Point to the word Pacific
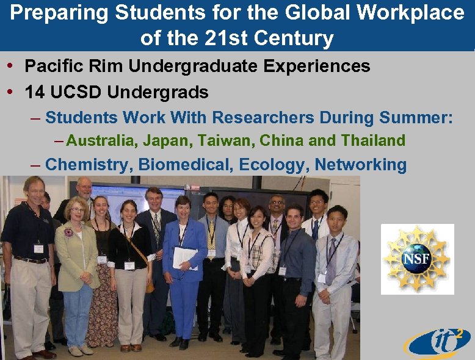tap(53, 66)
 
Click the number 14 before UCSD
tap(34, 93)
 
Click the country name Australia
tap(102, 141)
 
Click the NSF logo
tap(417, 259)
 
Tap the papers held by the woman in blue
tap(184, 256)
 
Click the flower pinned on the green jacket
tap(68, 232)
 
